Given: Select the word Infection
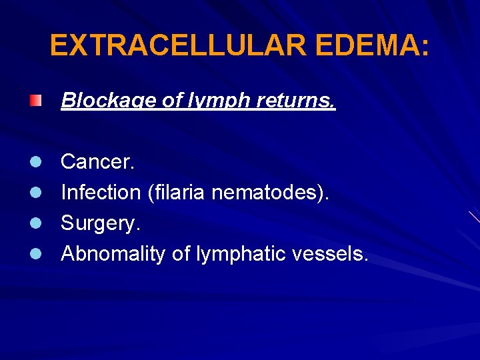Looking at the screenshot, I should click(x=101, y=192).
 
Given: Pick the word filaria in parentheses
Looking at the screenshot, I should click(x=177, y=192).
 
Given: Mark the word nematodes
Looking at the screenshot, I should click(x=274, y=192).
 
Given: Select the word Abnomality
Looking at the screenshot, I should click(x=113, y=253).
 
